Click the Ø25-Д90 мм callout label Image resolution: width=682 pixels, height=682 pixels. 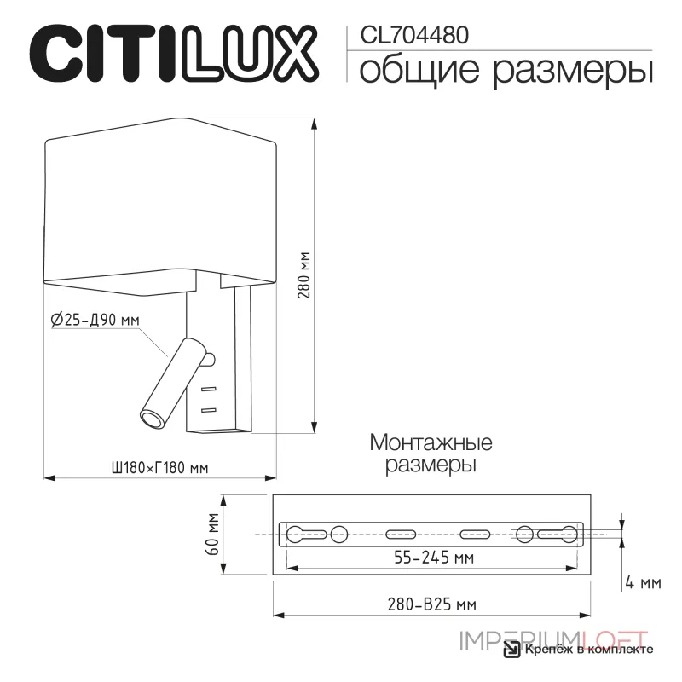coord(95,321)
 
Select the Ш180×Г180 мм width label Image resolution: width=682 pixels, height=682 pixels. coord(160,467)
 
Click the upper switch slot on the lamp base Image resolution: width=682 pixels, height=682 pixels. coord(209,390)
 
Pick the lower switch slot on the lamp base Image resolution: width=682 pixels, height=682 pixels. coord(209,411)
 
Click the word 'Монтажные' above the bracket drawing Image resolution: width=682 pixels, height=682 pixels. coord(431,443)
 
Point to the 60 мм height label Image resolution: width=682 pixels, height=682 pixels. coord(215,535)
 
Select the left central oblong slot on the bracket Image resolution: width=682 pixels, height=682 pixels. coord(397,535)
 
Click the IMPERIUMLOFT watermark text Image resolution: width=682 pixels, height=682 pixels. coord(554,636)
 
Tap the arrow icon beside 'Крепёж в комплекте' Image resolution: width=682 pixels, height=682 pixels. coord(511,651)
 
